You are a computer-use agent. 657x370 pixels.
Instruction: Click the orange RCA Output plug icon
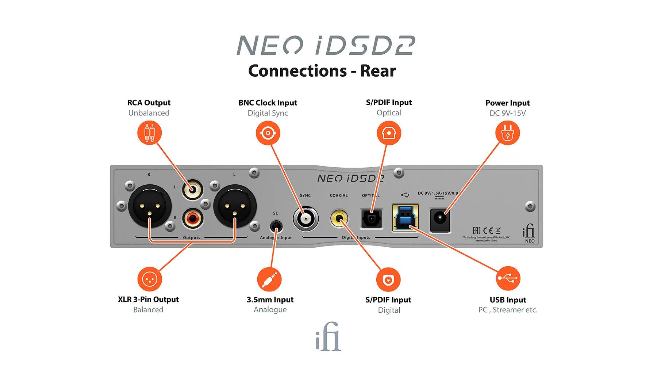(x=149, y=133)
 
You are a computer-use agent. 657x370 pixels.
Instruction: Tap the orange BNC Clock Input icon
(x=268, y=133)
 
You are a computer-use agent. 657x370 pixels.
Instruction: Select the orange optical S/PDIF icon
(x=389, y=133)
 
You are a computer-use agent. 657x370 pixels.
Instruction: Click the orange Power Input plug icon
(x=507, y=133)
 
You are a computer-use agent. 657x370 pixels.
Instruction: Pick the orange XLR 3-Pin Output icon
(x=149, y=279)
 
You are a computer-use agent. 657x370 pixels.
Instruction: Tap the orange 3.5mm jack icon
(x=269, y=279)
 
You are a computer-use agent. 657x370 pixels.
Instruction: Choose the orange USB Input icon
(x=508, y=279)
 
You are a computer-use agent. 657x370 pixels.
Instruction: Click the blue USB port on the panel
(x=405, y=218)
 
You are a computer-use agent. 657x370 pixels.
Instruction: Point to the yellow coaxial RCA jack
(x=339, y=218)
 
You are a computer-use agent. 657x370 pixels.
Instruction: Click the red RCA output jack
(x=192, y=218)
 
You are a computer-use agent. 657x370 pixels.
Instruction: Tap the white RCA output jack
(x=192, y=190)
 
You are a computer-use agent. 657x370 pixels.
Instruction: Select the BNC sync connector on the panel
(x=306, y=219)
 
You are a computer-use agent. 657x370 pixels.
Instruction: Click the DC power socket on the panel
(x=440, y=220)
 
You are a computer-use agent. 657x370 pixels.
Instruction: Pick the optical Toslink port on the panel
(x=372, y=219)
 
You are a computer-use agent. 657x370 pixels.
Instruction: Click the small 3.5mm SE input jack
(x=276, y=226)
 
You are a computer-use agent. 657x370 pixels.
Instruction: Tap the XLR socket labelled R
(x=150, y=207)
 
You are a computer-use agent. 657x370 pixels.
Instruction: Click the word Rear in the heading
(x=378, y=71)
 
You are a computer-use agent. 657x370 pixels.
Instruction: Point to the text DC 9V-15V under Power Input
(x=507, y=113)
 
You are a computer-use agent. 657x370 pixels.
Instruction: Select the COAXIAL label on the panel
(x=339, y=195)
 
